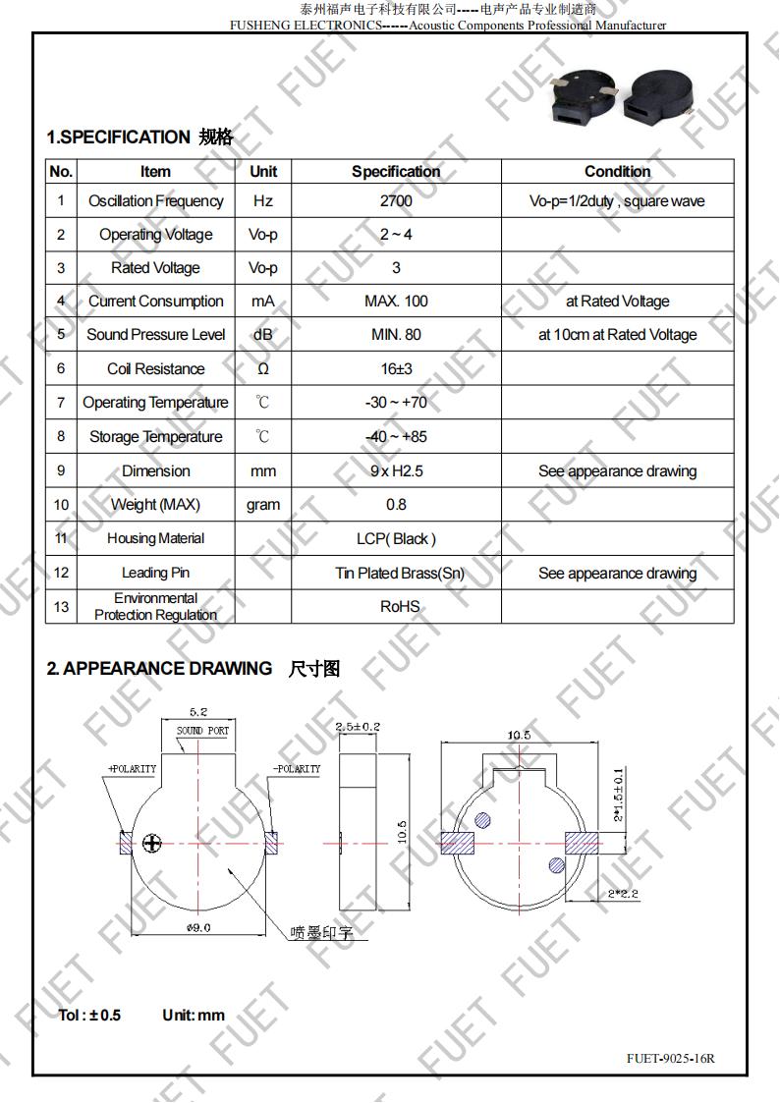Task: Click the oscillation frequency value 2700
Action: pos(396,201)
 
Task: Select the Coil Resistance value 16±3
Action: pos(396,369)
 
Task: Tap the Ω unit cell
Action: pos(263,369)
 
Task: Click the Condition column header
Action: pos(617,171)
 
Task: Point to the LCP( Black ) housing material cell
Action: pos(396,538)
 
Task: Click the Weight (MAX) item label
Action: pos(155,505)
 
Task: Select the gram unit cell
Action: pos(263,505)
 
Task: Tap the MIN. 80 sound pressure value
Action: pos(396,335)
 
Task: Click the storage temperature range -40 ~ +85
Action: pos(396,437)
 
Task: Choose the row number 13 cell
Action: pos(61,606)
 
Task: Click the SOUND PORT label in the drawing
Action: pos(202,731)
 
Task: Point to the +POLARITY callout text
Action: pos(132,768)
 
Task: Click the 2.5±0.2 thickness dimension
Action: pos(358,727)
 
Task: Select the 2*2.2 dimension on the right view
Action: pos(623,894)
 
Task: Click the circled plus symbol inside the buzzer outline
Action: pos(151,843)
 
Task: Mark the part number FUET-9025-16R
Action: pos(671,1058)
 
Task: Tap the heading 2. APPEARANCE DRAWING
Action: pos(159,669)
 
